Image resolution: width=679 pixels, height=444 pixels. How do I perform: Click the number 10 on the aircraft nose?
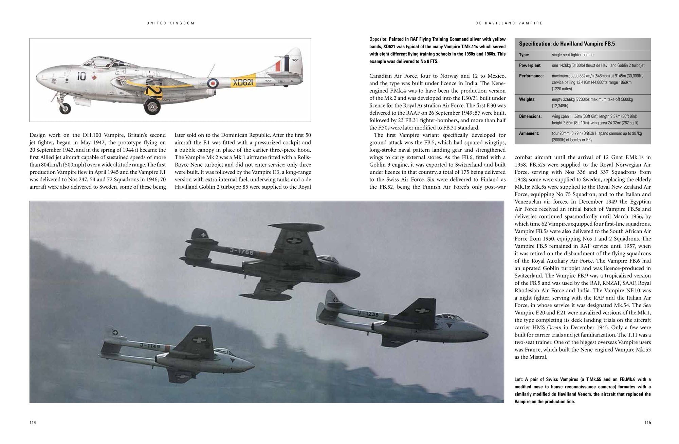(81, 76)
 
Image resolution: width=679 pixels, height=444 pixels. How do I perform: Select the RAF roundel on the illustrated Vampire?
(213, 82)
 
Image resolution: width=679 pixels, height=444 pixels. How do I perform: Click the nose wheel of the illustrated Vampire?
(65, 108)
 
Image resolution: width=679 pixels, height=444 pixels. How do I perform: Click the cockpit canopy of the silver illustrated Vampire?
(102, 62)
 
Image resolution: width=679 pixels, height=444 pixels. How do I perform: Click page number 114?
(33, 423)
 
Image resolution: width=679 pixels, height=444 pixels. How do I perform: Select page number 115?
(647, 423)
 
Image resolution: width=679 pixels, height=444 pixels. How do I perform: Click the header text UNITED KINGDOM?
(171, 23)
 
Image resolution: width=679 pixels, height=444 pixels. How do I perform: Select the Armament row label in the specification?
(529, 133)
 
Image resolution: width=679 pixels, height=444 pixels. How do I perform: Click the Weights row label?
(527, 99)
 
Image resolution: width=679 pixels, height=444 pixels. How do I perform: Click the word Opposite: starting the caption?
(378, 39)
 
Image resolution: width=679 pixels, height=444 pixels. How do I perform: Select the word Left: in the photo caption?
(519, 380)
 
